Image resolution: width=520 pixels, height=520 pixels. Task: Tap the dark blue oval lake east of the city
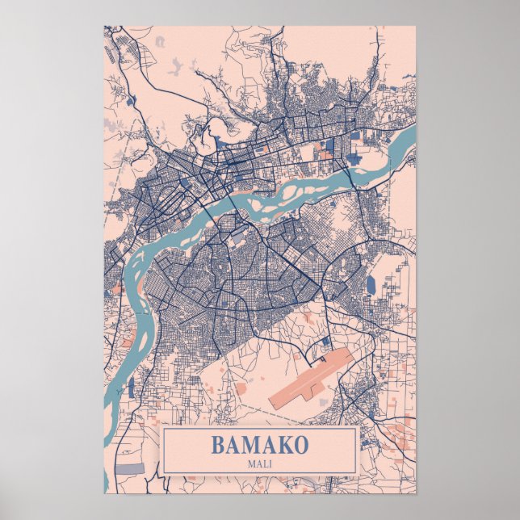click(371, 285)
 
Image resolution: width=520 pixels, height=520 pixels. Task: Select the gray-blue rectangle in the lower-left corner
click(129, 468)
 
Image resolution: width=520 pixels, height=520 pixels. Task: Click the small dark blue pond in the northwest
click(130, 101)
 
